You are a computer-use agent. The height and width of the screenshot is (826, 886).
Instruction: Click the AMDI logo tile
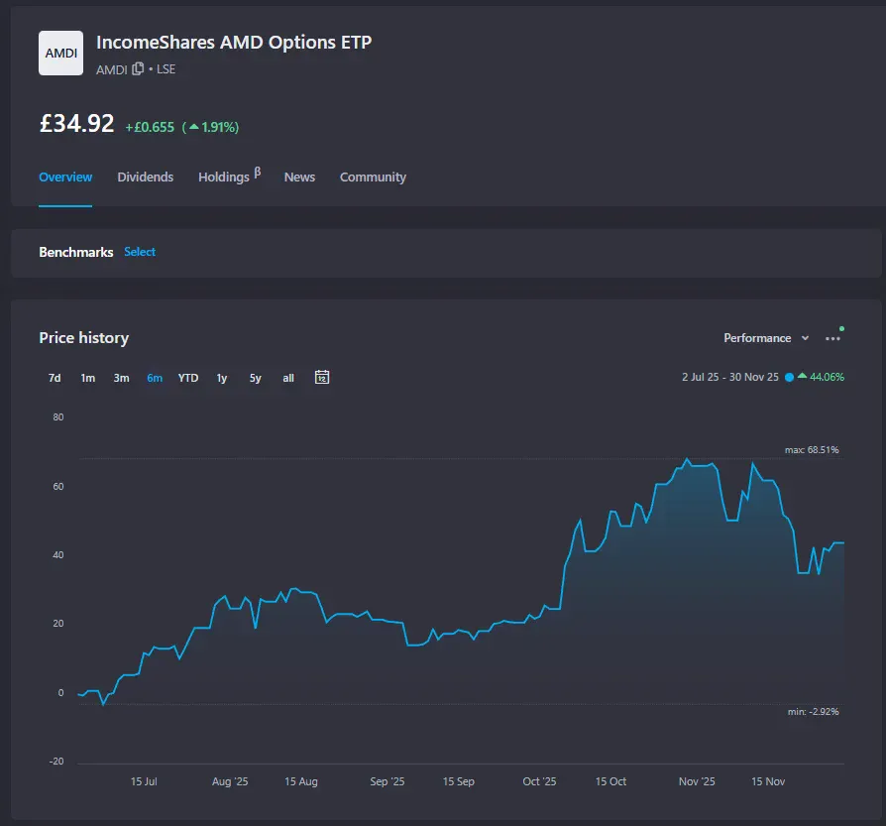(x=60, y=53)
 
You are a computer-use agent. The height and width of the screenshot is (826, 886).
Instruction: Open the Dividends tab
(x=145, y=177)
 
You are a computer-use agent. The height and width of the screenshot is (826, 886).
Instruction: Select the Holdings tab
(x=224, y=177)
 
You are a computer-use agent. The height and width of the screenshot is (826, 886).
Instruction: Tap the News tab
(x=299, y=177)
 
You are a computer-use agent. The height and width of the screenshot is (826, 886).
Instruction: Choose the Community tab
(x=373, y=177)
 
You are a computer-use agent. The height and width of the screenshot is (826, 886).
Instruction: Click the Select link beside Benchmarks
(x=140, y=252)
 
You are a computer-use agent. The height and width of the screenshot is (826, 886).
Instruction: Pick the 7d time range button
(x=55, y=378)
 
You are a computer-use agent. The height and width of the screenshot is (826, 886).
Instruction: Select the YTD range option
(x=188, y=378)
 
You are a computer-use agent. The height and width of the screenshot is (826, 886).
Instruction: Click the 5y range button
(x=256, y=378)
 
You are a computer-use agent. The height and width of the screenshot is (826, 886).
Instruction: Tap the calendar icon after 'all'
(x=322, y=377)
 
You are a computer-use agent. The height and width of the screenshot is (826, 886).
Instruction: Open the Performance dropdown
(x=766, y=338)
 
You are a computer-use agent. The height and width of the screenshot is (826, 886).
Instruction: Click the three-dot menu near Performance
(x=832, y=338)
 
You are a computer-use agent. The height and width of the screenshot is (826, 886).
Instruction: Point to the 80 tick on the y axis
(x=57, y=417)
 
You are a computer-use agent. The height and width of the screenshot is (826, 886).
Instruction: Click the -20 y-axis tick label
(x=55, y=762)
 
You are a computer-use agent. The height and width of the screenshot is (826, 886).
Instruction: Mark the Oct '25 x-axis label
(x=539, y=782)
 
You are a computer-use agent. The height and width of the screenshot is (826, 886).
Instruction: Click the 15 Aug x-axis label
(x=301, y=782)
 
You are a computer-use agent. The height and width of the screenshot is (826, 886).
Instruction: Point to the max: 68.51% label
(x=812, y=450)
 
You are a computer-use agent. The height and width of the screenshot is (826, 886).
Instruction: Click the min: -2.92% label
(x=812, y=712)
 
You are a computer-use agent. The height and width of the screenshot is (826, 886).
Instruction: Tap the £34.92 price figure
(x=76, y=124)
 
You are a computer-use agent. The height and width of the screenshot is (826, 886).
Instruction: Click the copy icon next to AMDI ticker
(x=138, y=69)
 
